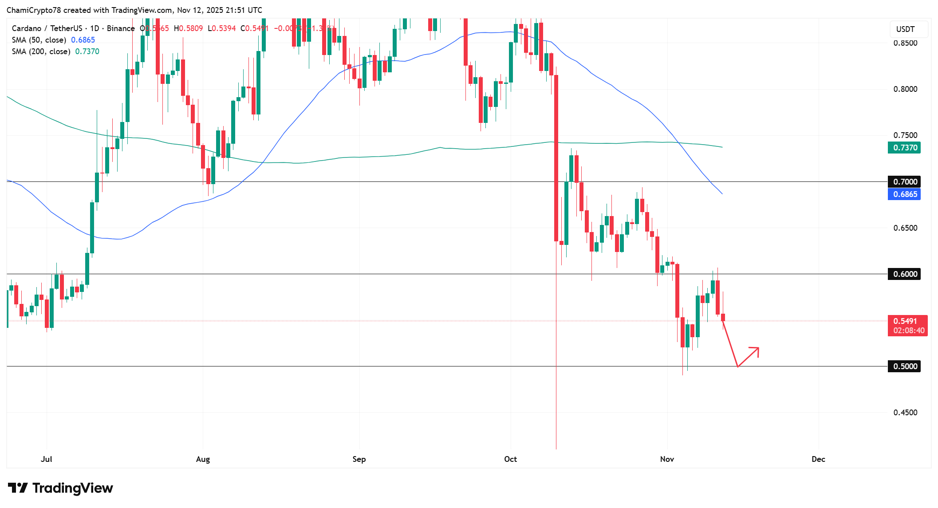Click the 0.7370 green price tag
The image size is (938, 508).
pyautogui.click(x=904, y=148)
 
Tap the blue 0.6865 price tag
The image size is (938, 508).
pyautogui.click(x=904, y=194)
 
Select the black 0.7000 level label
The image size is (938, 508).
pyautogui.click(x=904, y=181)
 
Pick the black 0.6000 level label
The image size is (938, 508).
pyautogui.click(x=904, y=274)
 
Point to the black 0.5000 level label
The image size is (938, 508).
pyautogui.click(x=904, y=366)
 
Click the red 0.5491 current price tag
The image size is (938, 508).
pyautogui.click(x=907, y=325)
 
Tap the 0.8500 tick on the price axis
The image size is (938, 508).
pyautogui.click(x=905, y=43)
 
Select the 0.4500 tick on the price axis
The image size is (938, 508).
pyautogui.click(x=905, y=413)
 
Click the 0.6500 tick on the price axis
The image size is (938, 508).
pyautogui.click(x=905, y=228)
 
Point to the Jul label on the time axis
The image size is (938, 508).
pyautogui.click(x=46, y=459)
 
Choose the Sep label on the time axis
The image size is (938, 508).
pyautogui.click(x=359, y=459)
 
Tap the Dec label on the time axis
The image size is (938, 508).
pyautogui.click(x=818, y=459)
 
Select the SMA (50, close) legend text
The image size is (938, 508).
pyautogui.click(x=39, y=40)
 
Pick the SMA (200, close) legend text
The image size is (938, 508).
pyautogui.click(x=41, y=51)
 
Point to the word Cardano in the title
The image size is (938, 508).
pyautogui.click(x=27, y=28)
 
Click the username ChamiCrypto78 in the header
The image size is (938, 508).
pyautogui.click(x=34, y=10)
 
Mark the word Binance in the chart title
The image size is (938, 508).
pyautogui.click(x=121, y=28)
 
